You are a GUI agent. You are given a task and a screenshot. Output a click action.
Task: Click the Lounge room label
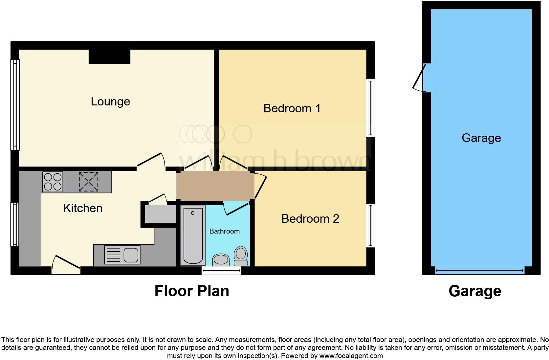[x=110, y=101]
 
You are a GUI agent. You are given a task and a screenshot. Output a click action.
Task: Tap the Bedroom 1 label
[x=292, y=108]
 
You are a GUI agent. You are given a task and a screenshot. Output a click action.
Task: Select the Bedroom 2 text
[x=310, y=219]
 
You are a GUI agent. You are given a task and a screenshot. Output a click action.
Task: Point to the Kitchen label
[x=83, y=208]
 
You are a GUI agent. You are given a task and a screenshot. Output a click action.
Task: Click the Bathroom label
[x=224, y=231]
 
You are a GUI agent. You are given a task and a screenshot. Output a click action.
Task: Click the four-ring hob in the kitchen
[x=53, y=182]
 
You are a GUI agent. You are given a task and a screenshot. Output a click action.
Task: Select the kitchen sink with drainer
[x=122, y=255]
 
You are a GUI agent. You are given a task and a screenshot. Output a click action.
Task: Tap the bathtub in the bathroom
[x=193, y=235]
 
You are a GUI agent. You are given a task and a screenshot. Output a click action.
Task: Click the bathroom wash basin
[x=221, y=260]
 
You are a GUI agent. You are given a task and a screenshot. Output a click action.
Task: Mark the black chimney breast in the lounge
[x=109, y=56]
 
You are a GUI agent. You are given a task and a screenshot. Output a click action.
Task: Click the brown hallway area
[x=215, y=186]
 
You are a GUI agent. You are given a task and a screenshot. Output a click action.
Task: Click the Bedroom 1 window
[x=370, y=108]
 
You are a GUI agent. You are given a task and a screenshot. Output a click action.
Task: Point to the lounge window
[x=15, y=104]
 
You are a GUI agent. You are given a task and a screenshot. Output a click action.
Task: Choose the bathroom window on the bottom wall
[x=221, y=271]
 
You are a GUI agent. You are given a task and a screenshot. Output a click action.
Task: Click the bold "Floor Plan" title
[x=192, y=291]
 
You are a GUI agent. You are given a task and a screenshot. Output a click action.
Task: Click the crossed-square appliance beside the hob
[x=88, y=182]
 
